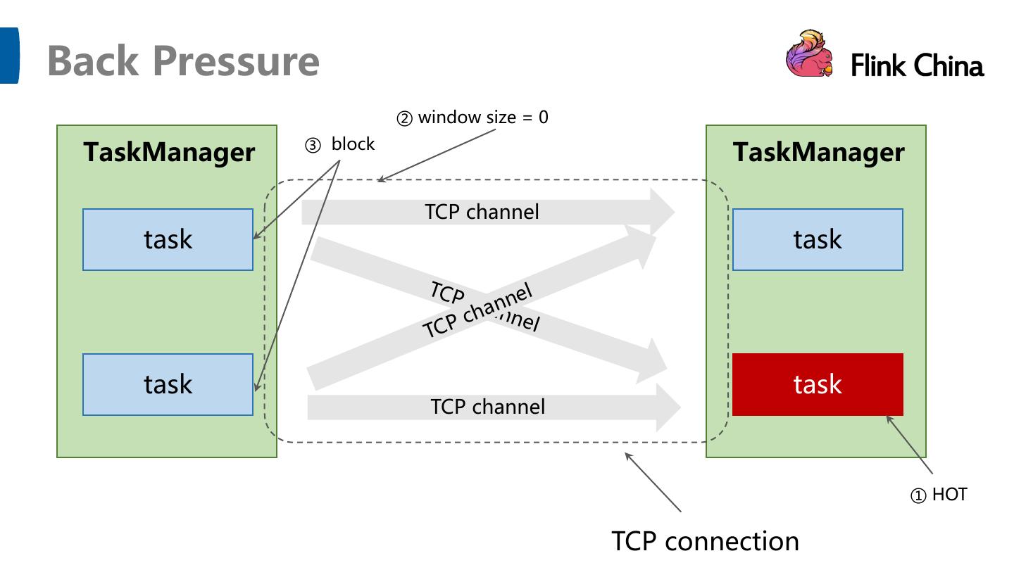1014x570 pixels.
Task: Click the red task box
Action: pos(818,384)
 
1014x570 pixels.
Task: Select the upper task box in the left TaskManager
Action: pos(168,239)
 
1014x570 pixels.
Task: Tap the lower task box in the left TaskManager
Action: pos(168,384)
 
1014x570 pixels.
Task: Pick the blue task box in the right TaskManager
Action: pos(818,239)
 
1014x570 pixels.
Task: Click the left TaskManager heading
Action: pos(169,152)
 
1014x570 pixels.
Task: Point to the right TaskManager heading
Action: pos(818,152)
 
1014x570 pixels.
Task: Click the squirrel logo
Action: pos(808,53)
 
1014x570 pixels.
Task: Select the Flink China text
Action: pos(917,66)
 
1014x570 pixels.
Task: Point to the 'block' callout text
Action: pos(353,144)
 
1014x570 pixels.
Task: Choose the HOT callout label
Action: pos(949,495)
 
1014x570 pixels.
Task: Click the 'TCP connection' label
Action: pos(705,541)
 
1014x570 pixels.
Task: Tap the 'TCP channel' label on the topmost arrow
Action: pos(482,211)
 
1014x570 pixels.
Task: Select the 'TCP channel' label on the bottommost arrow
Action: pos(487,407)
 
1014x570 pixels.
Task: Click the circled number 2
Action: pos(404,119)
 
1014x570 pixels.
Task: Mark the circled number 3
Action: pos(312,146)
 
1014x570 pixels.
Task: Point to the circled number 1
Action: pos(919,496)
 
